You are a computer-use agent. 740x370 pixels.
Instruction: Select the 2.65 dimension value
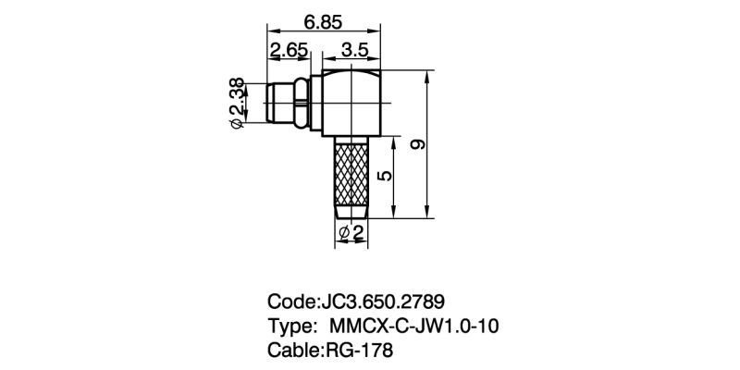pyautogui.click(x=288, y=49)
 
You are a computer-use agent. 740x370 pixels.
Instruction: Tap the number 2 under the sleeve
pyautogui.click(x=357, y=233)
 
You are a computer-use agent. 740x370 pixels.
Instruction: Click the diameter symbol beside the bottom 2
pyautogui.click(x=344, y=233)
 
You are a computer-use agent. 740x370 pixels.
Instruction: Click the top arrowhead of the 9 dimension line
pyautogui.click(x=430, y=76)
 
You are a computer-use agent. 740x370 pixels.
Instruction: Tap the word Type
pyautogui.click(x=291, y=327)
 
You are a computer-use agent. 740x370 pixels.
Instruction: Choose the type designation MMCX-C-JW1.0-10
pyautogui.click(x=416, y=327)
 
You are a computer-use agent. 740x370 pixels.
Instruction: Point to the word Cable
pyautogui.click(x=293, y=351)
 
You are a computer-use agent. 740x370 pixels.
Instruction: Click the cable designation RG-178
pyautogui.click(x=359, y=351)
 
